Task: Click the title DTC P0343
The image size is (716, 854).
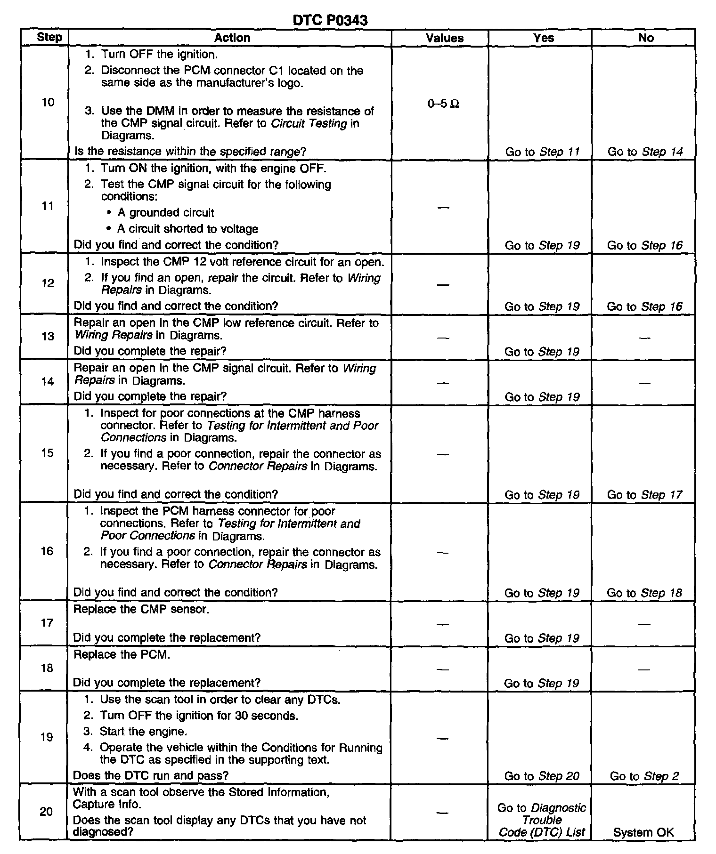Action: click(x=330, y=20)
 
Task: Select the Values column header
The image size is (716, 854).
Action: click(x=444, y=38)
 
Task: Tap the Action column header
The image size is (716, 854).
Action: click(x=232, y=38)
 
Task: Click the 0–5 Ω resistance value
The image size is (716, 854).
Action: click(x=443, y=104)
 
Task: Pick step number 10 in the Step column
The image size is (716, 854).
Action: click(x=48, y=102)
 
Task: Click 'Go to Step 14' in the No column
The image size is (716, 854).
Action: click(x=645, y=152)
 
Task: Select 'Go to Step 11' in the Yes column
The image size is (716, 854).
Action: click(x=542, y=152)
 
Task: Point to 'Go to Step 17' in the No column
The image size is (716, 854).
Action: click(x=644, y=495)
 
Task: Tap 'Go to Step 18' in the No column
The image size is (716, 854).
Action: click(x=644, y=593)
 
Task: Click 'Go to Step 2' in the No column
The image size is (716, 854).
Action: click(x=644, y=776)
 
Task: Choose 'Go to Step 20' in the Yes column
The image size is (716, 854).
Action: click(x=542, y=776)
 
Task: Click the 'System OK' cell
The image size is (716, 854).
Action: click(x=643, y=832)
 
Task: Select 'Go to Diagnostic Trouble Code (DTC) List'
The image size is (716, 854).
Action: click(x=542, y=820)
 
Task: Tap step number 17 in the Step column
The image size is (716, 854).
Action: click(x=47, y=623)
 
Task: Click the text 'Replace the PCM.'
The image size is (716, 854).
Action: click(x=122, y=654)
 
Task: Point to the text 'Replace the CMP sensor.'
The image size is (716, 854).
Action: click(x=141, y=609)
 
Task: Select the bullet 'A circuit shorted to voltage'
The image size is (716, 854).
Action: click(x=187, y=229)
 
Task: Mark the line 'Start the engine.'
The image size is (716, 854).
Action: click(x=143, y=732)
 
